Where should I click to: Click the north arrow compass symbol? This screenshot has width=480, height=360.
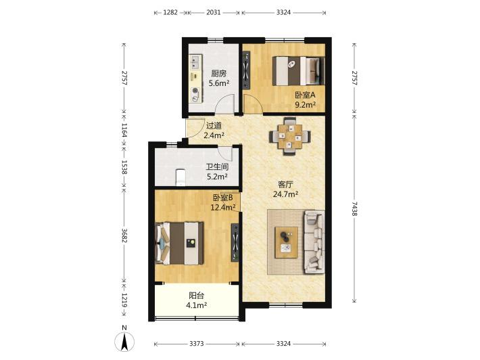124,342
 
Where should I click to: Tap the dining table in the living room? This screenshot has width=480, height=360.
289,136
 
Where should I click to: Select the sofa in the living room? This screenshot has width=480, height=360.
314,242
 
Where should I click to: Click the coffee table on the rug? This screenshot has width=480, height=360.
286,242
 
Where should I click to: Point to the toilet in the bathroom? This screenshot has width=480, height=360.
181,177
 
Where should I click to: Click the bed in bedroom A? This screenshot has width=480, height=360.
298,71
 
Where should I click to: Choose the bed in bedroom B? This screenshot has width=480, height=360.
180,243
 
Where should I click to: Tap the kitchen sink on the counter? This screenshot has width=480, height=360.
195,62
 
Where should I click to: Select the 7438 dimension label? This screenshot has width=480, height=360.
354,208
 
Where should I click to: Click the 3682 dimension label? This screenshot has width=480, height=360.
124,235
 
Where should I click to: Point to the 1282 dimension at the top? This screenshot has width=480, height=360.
170,13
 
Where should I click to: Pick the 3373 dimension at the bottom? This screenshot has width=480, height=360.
196,344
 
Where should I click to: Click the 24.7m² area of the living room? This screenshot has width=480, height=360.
285,194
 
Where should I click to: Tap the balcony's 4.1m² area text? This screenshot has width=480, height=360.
196,305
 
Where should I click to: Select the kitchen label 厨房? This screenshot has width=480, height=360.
219,74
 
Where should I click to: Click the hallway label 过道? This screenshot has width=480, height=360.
214,126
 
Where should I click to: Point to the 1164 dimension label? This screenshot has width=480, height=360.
124,130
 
